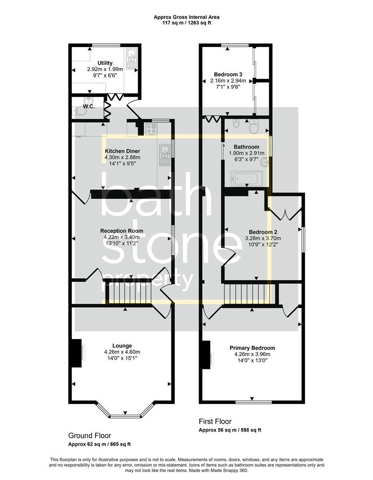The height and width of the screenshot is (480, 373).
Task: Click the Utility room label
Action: (105, 63)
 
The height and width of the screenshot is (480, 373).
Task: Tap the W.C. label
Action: (89, 107)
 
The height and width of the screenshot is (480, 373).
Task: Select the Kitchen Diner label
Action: (122, 151)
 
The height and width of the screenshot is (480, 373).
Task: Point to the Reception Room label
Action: (122, 231)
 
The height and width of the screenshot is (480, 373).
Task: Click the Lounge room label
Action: (122, 346)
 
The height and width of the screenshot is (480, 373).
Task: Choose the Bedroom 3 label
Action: (228, 74)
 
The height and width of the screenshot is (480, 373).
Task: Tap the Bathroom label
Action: (246, 147)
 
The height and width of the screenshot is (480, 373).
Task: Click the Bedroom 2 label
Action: (263, 232)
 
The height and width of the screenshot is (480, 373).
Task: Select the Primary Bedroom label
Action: (252, 348)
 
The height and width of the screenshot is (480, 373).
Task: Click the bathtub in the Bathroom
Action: (246, 178)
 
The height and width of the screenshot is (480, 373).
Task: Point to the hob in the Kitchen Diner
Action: (152, 129)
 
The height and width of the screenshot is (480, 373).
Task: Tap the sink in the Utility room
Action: (132, 58)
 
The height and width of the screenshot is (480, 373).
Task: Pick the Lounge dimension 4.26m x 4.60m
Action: (122, 352)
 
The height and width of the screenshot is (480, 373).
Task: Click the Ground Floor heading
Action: (90, 436)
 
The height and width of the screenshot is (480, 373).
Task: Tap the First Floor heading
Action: (215, 421)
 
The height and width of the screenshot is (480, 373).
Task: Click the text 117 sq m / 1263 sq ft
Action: (186, 23)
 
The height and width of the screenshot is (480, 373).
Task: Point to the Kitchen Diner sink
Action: (164, 156)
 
